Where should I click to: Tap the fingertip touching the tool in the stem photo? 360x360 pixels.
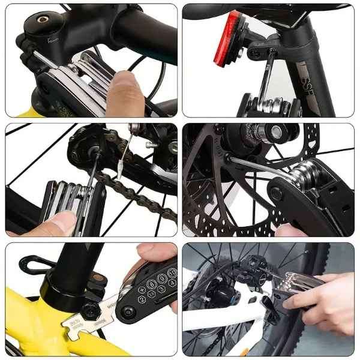(124, 84)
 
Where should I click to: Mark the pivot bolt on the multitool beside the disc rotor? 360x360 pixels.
(277, 193)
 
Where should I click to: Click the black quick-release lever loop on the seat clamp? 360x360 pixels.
(34, 262)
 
